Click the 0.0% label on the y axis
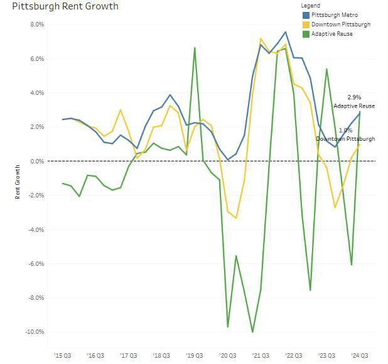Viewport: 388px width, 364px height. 37,162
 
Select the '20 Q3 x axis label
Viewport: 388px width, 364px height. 227,355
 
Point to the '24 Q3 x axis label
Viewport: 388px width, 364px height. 360,355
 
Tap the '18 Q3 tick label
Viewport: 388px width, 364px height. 161,355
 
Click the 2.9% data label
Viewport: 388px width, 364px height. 354,97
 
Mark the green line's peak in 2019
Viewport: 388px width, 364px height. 195,48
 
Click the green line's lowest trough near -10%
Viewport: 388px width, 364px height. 252,332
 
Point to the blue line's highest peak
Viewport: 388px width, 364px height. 286,32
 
